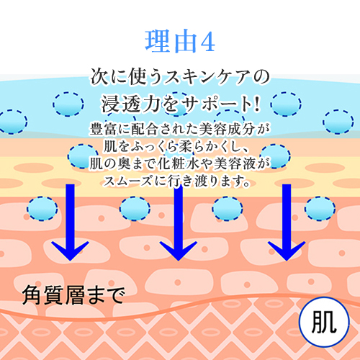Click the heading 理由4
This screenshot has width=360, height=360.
(x=180, y=42)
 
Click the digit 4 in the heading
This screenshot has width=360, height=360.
(x=207, y=42)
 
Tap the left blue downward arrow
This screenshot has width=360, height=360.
(x=70, y=222)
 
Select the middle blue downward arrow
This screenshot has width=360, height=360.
(x=178, y=222)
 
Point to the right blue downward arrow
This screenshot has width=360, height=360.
(x=287, y=222)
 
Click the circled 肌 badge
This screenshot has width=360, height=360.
(x=324, y=322)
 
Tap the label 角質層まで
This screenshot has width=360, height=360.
(x=73, y=295)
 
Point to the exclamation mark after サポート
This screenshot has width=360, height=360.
(x=256, y=104)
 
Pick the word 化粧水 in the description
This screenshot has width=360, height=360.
(x=178, y=163)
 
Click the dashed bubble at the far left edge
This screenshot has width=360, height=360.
(x=13, y=122)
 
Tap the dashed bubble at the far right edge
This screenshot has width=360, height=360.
(x=338, y=122)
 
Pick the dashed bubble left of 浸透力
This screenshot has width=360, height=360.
(x=68, y=104)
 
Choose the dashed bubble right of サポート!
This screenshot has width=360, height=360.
(x=286, y=104)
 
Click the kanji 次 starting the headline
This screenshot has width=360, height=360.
(x=99, y=77)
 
